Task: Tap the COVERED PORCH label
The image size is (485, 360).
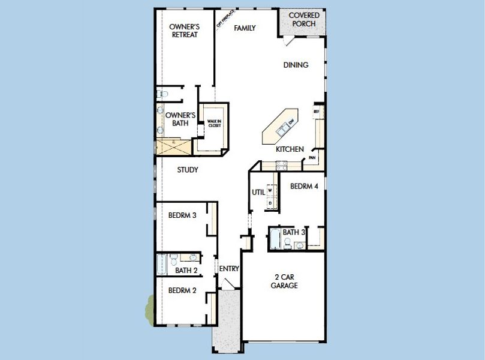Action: point(304,19)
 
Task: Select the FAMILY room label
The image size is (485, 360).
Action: point(245,28)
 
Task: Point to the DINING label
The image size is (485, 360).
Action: point(296,65)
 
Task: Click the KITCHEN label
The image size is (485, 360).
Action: point(290,149)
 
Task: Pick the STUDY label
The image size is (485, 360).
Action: point(188,170)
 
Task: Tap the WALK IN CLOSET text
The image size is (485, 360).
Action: point(215,123)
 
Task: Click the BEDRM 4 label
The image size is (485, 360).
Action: point(303,187)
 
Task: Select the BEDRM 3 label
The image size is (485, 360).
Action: point(182,215)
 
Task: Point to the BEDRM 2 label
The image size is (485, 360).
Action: point(182,290)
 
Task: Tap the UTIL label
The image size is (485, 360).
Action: point(258,192)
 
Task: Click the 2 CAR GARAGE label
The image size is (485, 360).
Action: point(285,281)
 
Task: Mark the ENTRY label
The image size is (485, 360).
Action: point(228,269)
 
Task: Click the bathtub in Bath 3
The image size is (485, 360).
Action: point(274,240)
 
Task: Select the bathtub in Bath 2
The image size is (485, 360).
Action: point(161,264)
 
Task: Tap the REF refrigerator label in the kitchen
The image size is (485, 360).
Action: point(315,112)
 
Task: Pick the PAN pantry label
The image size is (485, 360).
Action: point(312,158)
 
